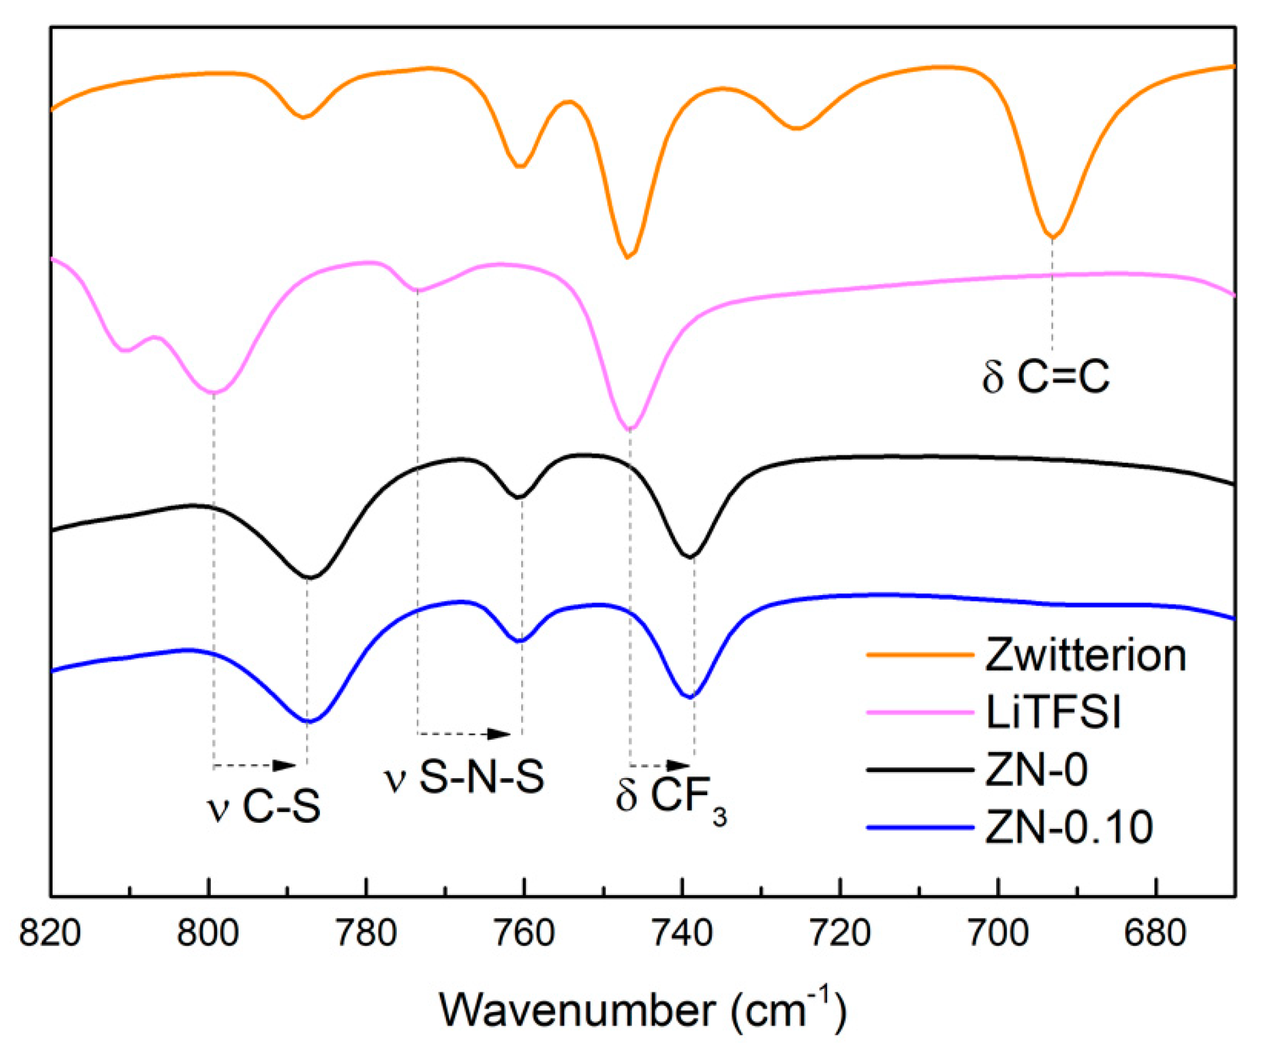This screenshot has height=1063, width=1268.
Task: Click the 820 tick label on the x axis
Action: (50, 934)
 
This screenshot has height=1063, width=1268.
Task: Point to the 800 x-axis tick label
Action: (207, 934)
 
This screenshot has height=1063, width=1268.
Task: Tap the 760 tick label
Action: (523, 934)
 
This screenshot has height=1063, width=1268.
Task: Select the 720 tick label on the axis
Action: (839, 934)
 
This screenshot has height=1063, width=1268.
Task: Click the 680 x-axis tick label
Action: (1154, 934)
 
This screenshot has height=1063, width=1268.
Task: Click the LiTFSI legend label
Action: (1053, 713)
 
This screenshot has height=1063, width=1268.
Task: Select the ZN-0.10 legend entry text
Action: (1069, 827)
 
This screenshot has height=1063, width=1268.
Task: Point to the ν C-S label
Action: (263, 806)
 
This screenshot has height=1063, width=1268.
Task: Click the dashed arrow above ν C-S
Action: (254, 765)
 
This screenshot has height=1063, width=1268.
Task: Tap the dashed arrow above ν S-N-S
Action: (464, 734)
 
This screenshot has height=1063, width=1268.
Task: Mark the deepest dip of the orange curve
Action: (628, 257)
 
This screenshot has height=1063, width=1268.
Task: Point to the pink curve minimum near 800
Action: (213, 392)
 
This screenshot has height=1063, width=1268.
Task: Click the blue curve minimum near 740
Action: (690, 697)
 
